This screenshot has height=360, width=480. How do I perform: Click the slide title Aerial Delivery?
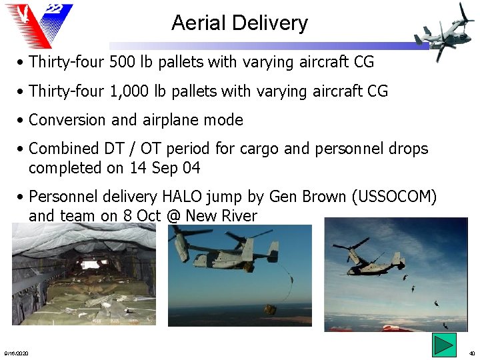[x=239, y=23]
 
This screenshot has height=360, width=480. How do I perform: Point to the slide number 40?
[x=471, y=353]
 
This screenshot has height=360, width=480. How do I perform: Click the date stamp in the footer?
[x=16, y=353]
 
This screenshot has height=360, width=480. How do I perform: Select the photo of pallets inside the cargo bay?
[x=85, y=275]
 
